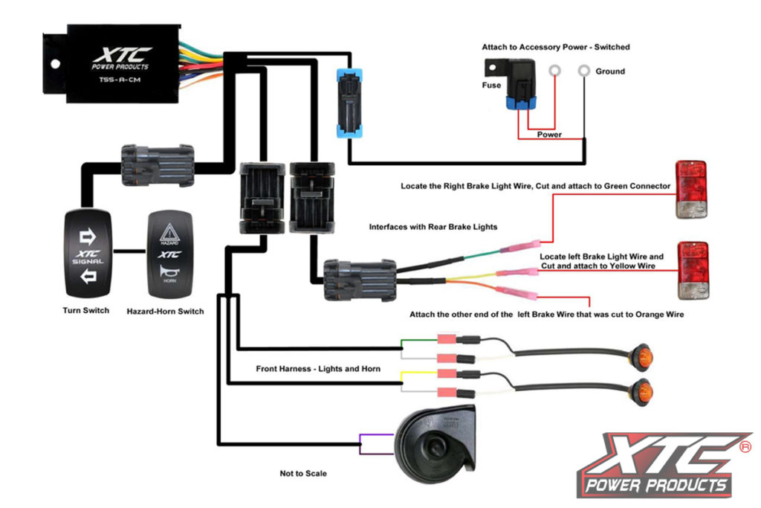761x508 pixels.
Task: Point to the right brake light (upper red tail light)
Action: (690, 189)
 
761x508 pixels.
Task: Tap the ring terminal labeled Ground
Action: (585, 71)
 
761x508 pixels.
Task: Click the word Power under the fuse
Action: (549, 135)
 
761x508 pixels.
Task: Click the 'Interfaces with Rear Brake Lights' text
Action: (433, 226)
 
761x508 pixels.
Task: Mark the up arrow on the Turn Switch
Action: (88, 237)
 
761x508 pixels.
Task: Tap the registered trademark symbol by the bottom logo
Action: (745, 447)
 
